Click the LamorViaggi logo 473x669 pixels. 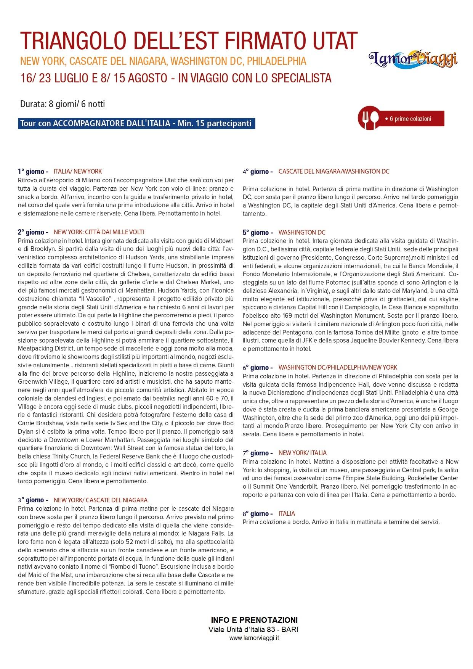pyautogui.click(x=413, y=58)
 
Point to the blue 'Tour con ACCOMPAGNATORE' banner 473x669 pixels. pyautogui.click(x=136, y=124)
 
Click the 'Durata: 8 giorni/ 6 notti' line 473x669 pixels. pyautogui.click(x=63, y=104)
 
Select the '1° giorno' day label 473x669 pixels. pyautogui.click(x=33, y=172)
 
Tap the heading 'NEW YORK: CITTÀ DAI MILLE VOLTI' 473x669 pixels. pyautogui.click(x=99, y=232)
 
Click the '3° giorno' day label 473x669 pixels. pyautogui.click(x=33, y=500)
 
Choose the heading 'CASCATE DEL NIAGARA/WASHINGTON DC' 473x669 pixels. pyautogui.click(x=334, y=172)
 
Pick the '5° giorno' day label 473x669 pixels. pyautogui.click(x=258, y=232)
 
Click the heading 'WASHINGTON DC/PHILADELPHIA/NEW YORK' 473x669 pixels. pyautogui.click(x=338, y=367)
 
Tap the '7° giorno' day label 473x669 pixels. pyautogui.click(x=258, y=453)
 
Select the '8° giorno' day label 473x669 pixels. pyautogui.click(x=258, y=513)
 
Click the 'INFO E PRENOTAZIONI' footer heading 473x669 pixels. pyautogui.click(x=254, y=620)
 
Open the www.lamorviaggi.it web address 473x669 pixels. pyautogui.click(x=254, y=638)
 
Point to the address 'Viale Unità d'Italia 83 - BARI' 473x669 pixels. pyautogui.click(x=254, y=629)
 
